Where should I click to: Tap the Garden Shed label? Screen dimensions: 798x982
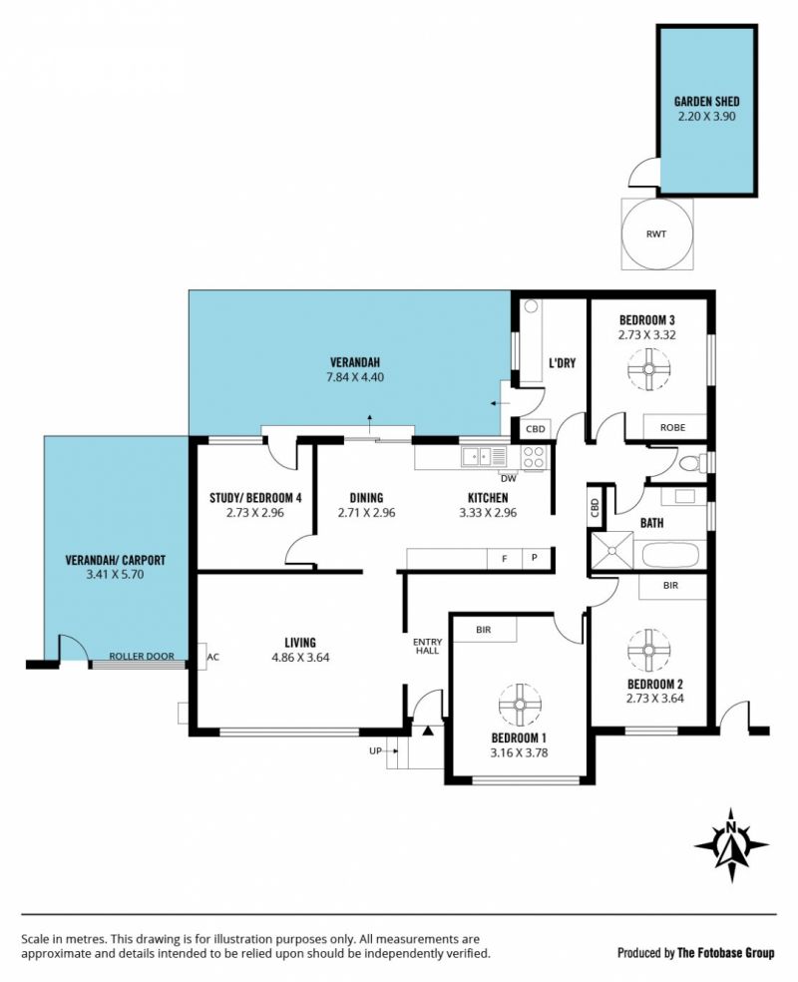[706, 101]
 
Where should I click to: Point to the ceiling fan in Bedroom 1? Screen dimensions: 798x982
[520, 705]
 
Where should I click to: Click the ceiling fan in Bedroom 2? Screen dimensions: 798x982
[648, 650]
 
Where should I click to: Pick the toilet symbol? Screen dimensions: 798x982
[693, 463]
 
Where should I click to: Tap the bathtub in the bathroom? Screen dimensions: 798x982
[670, 555]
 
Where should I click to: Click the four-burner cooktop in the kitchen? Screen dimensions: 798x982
[534, 457]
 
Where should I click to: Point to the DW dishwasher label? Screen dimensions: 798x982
[509, 479]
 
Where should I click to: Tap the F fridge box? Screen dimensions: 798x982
[505, 559]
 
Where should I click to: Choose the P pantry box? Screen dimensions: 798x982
[535, 558]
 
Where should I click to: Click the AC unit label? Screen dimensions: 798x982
[212, 657]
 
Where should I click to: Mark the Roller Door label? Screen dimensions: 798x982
[142, 657]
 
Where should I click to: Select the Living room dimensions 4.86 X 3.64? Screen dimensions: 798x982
[300, 658]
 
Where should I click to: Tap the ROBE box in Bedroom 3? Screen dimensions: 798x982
[674, 427]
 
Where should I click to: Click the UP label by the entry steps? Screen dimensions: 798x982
[375, 750]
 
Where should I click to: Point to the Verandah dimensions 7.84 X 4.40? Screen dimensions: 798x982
[355, 377]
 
